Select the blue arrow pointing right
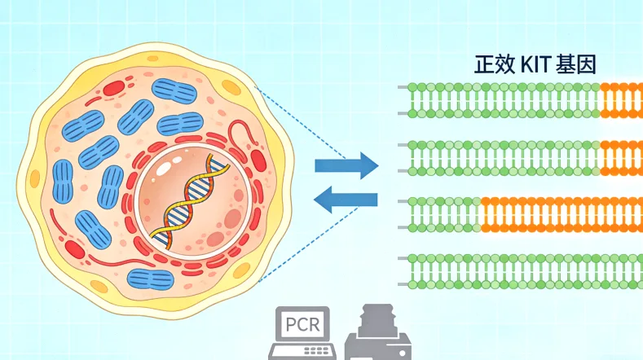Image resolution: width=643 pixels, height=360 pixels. click(x=346, y=165)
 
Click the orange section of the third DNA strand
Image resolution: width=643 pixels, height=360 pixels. click(x=561, y=214)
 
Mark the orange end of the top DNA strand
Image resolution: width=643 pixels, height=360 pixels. click(x=621, y=99)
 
